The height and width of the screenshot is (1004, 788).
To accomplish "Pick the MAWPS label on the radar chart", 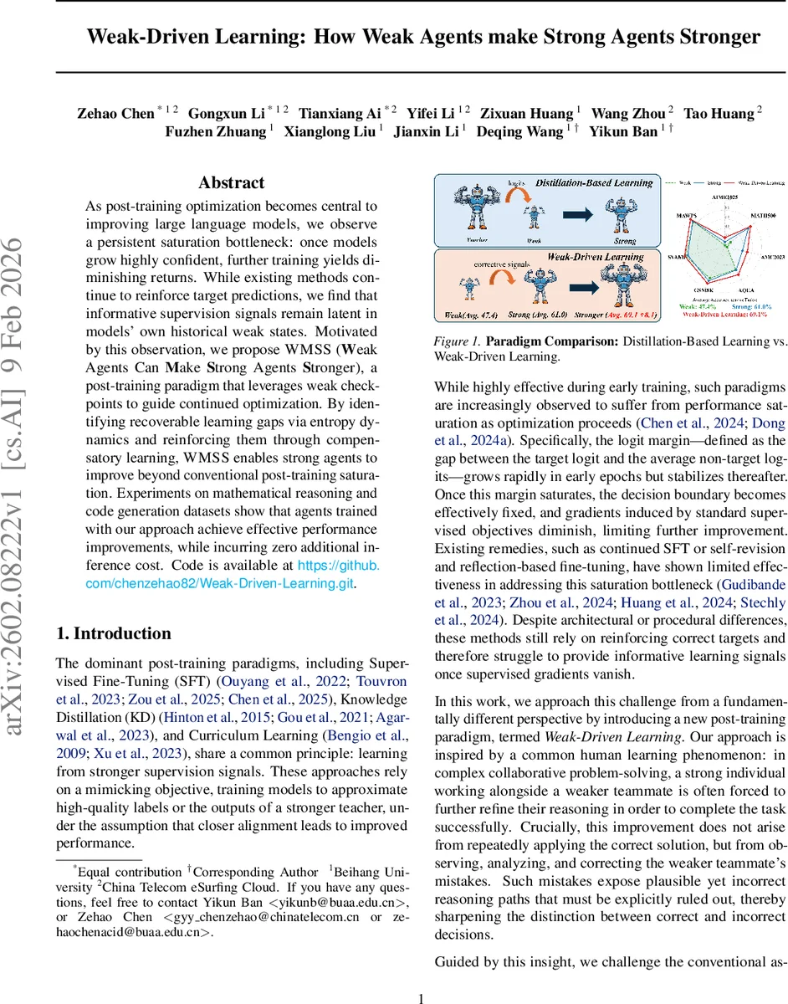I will click(x=688, y=214).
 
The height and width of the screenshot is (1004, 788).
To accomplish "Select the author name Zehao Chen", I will click(x=115, y=113).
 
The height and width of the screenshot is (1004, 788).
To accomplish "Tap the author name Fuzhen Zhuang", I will click(x=215, y=132).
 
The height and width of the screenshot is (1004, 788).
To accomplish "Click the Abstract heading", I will click(x=232, y=182).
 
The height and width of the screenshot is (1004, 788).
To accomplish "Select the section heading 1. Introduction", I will click(x=113, y=633).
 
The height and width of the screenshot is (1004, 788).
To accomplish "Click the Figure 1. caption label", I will click(x=458, y=341).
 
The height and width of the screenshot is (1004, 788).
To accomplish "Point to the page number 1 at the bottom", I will click(x=422, y=997).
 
